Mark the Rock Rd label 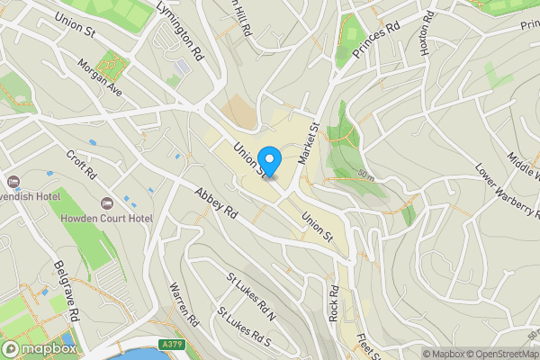(x=333, y=304)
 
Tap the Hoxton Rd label (x=427, y=34)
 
